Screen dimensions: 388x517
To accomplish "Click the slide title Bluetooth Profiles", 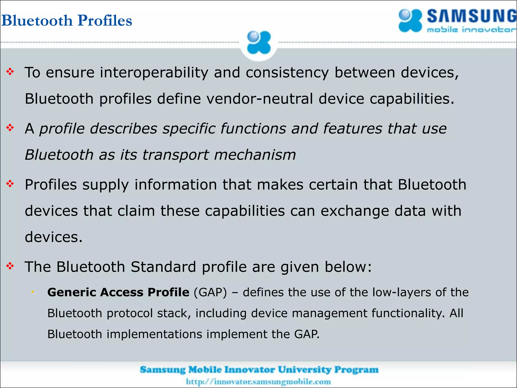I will click(67, 20).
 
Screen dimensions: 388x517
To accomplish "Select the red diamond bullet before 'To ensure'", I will click(10, 72).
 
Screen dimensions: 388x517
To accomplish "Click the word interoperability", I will click(154, 73).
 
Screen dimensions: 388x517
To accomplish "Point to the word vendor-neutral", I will click(260, 99).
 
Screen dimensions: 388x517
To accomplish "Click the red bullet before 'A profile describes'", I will click(10, 128).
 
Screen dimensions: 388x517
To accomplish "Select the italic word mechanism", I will click(255, 155).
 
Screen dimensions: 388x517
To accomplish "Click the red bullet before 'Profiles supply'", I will click(10, 184).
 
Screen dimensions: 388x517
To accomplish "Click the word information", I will click(175, 185).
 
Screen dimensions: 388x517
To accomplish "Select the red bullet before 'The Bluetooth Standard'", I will click(10, 266).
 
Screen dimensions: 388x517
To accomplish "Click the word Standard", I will click(163, 267).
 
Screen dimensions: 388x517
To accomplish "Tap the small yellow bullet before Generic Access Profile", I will click(33, 292).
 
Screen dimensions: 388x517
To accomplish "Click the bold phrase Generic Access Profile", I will click(118, 292).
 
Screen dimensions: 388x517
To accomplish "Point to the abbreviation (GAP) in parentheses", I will click(210, 293).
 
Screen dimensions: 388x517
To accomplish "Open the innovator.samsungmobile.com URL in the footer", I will click(258, 381).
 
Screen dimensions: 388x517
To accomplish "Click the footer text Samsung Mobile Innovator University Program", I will click(259, 370).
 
